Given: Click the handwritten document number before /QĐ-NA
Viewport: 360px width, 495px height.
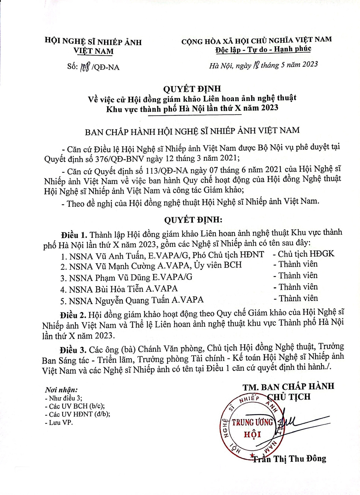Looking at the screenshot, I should coord(85,67).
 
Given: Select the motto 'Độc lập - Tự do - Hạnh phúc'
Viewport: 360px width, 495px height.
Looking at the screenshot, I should coord(263,49).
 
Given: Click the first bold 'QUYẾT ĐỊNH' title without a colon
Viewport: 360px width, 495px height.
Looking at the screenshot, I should coord(192,89).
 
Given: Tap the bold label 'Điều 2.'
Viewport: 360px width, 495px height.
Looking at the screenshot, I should coord(73,315).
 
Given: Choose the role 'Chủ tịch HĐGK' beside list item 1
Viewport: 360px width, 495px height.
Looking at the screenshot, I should coord(306,254).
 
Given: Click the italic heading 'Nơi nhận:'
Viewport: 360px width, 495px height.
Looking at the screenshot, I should coord(61,390).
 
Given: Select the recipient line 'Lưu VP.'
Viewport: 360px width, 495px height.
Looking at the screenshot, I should coord(61,423).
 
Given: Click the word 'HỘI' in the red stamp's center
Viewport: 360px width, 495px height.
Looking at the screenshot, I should coord(252,435).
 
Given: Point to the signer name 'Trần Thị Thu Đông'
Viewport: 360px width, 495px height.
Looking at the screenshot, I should coord(289,459).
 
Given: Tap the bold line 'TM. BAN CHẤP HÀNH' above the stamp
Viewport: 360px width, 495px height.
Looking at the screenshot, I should coord(288,387).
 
